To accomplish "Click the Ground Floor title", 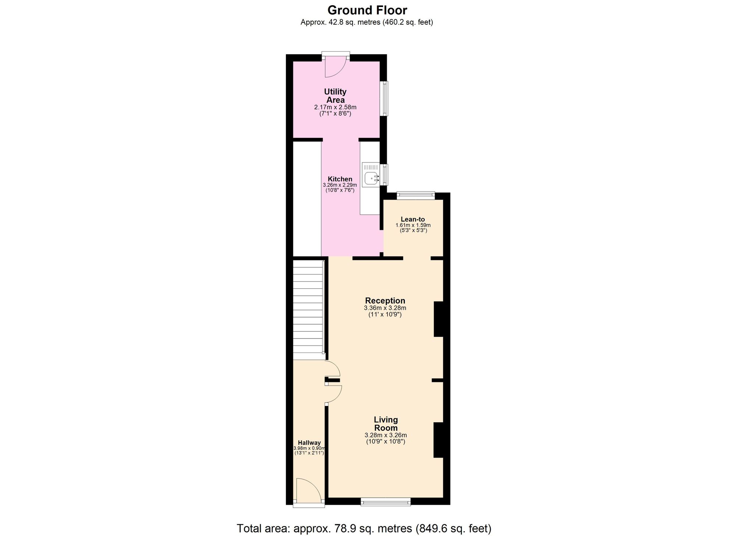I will tap(367, 10).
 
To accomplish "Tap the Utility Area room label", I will tap(335, 96).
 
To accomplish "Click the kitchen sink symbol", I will tap(371, 178).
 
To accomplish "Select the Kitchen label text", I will tap(340, 179).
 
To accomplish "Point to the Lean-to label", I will tap(413, 219).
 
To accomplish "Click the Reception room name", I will tap(385, 301).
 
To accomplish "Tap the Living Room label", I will tap(386, 424).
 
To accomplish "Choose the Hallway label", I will tap(309, 443).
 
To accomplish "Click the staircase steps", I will tap(308, 309).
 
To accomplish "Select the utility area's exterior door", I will tap(335, 66).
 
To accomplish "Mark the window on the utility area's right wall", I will tap(384, 98).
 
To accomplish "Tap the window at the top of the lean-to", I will tap(416, 196).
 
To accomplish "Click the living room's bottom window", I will tap(385, 501).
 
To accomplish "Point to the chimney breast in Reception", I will tap(439, 319).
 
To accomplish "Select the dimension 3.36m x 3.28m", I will tap(385, 308).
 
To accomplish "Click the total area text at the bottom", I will tap(364, 528).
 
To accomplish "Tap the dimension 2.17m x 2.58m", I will tap(335, 108).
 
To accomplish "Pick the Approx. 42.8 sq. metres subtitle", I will tap(367, 22).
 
